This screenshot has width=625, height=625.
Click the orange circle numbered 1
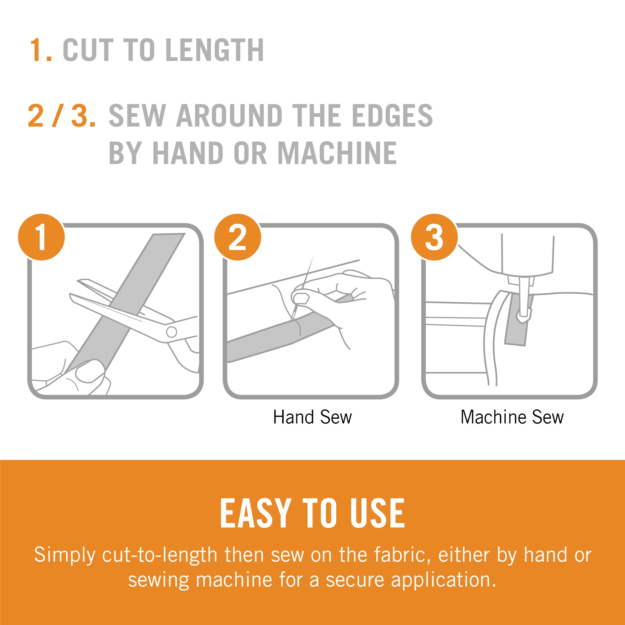(42, 237)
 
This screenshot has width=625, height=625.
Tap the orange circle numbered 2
(237, 237)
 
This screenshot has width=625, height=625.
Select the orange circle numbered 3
(434, 237)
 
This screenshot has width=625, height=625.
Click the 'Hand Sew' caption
(312, 417)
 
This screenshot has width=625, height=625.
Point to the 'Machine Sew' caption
(512, 417)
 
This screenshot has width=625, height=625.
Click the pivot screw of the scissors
(172, 332)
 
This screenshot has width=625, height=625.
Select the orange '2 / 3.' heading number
(62, 116)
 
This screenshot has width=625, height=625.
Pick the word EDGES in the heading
(392, 116)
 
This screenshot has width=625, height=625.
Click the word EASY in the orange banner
(254, 513)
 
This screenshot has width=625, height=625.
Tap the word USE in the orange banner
(377, 513)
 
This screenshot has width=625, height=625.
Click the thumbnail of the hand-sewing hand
(301, 298)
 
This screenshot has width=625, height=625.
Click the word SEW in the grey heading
(137, 116)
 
